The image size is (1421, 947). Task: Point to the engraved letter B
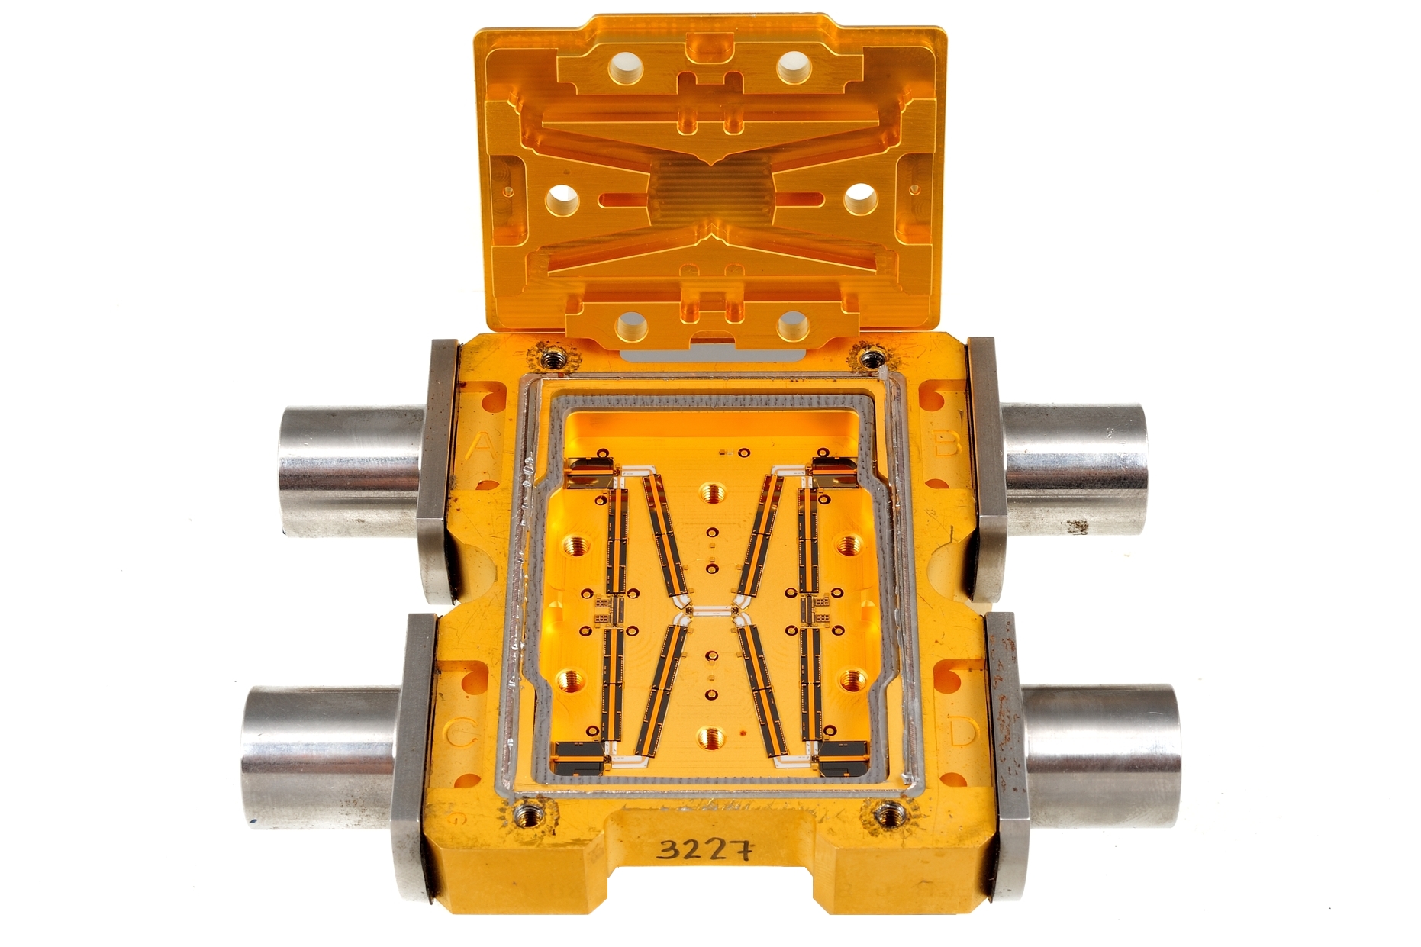(x=946, y=442)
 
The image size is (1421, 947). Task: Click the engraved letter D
(x=962, y=732)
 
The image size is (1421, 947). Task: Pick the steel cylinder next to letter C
(x=321, y=755)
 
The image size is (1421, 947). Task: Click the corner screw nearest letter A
(x=551, y=356)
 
